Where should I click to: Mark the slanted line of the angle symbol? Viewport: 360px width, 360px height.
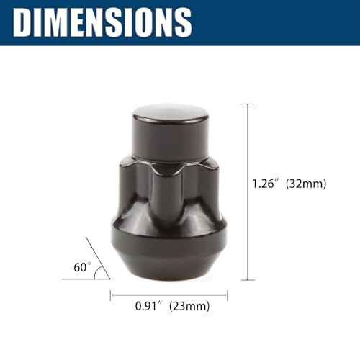97,258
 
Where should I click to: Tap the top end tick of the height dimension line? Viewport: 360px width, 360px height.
248,104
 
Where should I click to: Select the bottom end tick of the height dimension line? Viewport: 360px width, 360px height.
248,279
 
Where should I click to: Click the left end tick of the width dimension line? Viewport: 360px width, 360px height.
110,294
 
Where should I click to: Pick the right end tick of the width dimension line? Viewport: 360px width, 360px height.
228,294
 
